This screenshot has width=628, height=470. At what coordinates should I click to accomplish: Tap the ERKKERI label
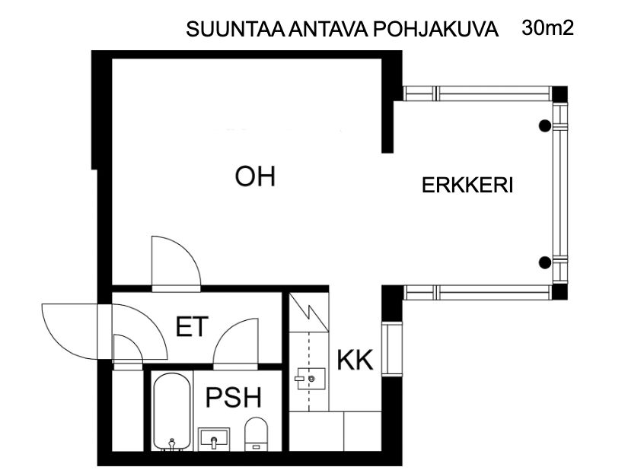(468, 186)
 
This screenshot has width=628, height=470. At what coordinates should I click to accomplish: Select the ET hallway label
(192, 328)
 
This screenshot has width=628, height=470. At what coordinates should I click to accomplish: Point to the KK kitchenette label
(355, 360)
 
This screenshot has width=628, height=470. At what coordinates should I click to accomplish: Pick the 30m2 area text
(547, 29)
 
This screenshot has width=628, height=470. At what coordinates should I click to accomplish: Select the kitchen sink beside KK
(311, 377)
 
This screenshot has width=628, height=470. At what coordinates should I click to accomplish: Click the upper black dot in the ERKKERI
(544, 126)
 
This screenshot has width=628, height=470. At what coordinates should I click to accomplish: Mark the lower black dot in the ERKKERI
(544, 263)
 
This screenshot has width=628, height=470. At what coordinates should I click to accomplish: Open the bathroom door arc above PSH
(237, 344)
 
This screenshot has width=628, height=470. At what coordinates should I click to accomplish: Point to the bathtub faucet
(173, 442)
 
